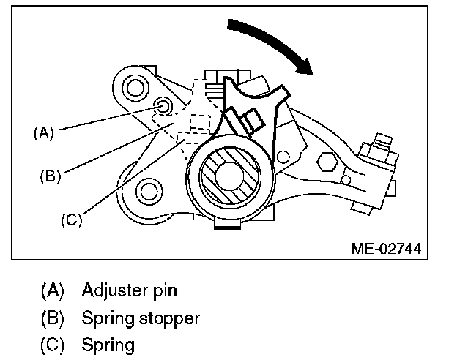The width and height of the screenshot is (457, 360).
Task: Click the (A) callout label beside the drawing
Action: pos(44,133)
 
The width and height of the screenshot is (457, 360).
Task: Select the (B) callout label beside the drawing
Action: pos(50,176)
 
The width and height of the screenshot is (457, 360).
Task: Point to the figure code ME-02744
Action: pos(385,250)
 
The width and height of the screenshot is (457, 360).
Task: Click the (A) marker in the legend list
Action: pos(52,290)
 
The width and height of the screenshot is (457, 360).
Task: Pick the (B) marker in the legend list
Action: pos(52,318)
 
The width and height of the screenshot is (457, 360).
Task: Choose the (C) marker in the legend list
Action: pos(52,344)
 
